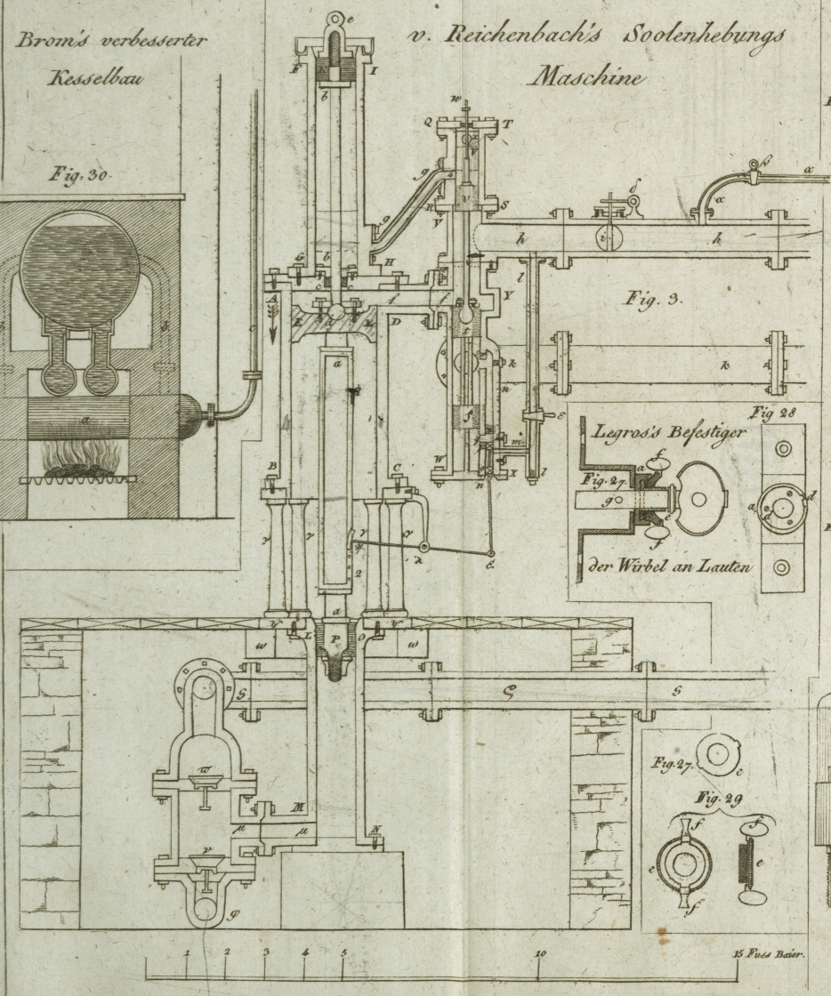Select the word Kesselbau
pyautogui.click(x=96, y=77)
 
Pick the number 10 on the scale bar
pyautogui.click(x=541, y=952)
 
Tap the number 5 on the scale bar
pyautogui.click(x=343, y=952)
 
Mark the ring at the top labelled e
pyautogui.click(x=336, y=20)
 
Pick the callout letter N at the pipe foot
pyautogui.click(x=376, y=829)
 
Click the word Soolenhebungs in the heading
pyautogui.click(x=703, y=37)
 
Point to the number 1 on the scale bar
pyautogui.click(x=188, y=952)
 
